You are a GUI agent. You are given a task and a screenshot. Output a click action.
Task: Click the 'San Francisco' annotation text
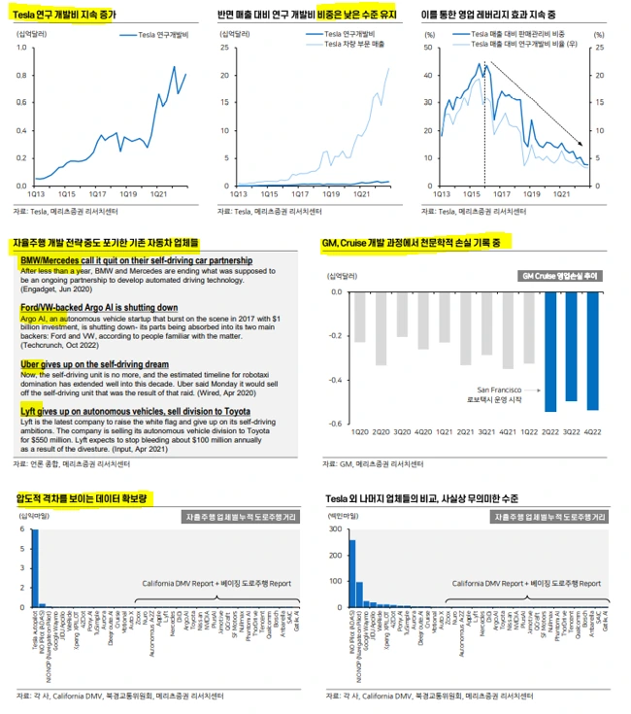pos(498,389)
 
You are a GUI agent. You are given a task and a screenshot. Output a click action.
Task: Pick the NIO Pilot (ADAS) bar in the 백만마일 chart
pos(352,574)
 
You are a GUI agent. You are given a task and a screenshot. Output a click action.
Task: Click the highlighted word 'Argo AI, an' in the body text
pos(44,318)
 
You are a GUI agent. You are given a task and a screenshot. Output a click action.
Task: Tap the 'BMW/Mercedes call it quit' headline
pos(135,260)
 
